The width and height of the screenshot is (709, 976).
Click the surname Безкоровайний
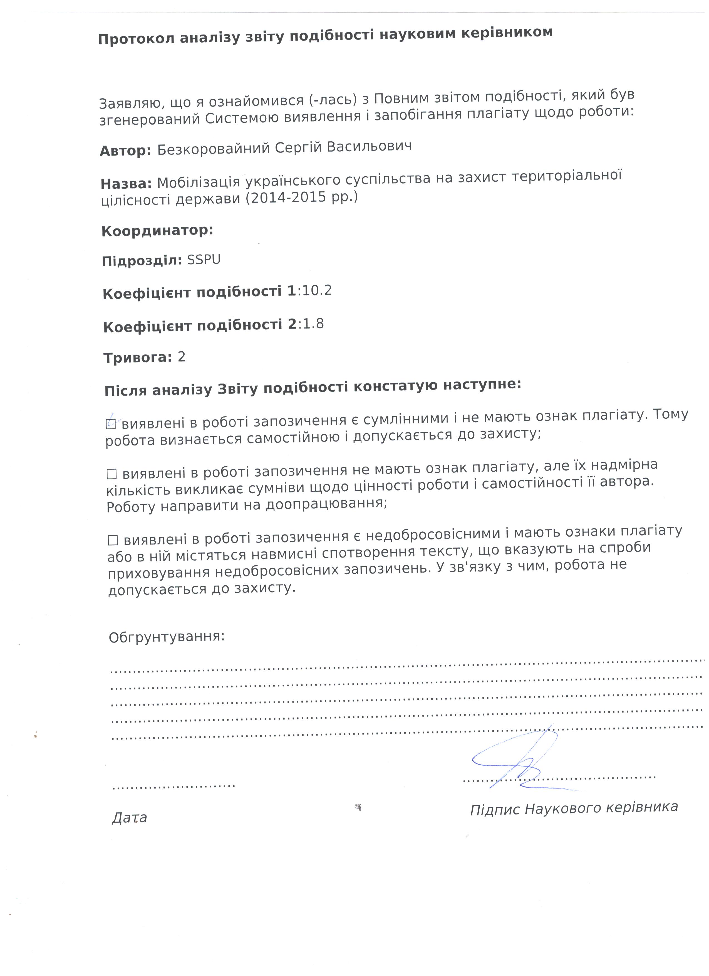pyautogui.click(x=213, y=149)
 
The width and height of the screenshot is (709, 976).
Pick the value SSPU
pyautogui.click(x=204, y=260)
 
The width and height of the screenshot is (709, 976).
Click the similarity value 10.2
pyautogui.click(x=317, y=291)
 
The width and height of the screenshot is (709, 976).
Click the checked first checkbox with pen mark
pyautogui.click(x=111, y=424)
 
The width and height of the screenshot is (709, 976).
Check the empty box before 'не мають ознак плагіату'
pyautogui.click(x=112, y=474)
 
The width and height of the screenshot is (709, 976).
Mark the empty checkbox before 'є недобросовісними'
pyautogui.click(x=113, y=540)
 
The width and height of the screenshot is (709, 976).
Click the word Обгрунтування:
pyautogui.click(x=166, y=637)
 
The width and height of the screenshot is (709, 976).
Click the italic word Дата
pyautogui.click(x=129, y=818)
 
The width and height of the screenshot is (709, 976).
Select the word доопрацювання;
pyautogui.click(x=327, y=504)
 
